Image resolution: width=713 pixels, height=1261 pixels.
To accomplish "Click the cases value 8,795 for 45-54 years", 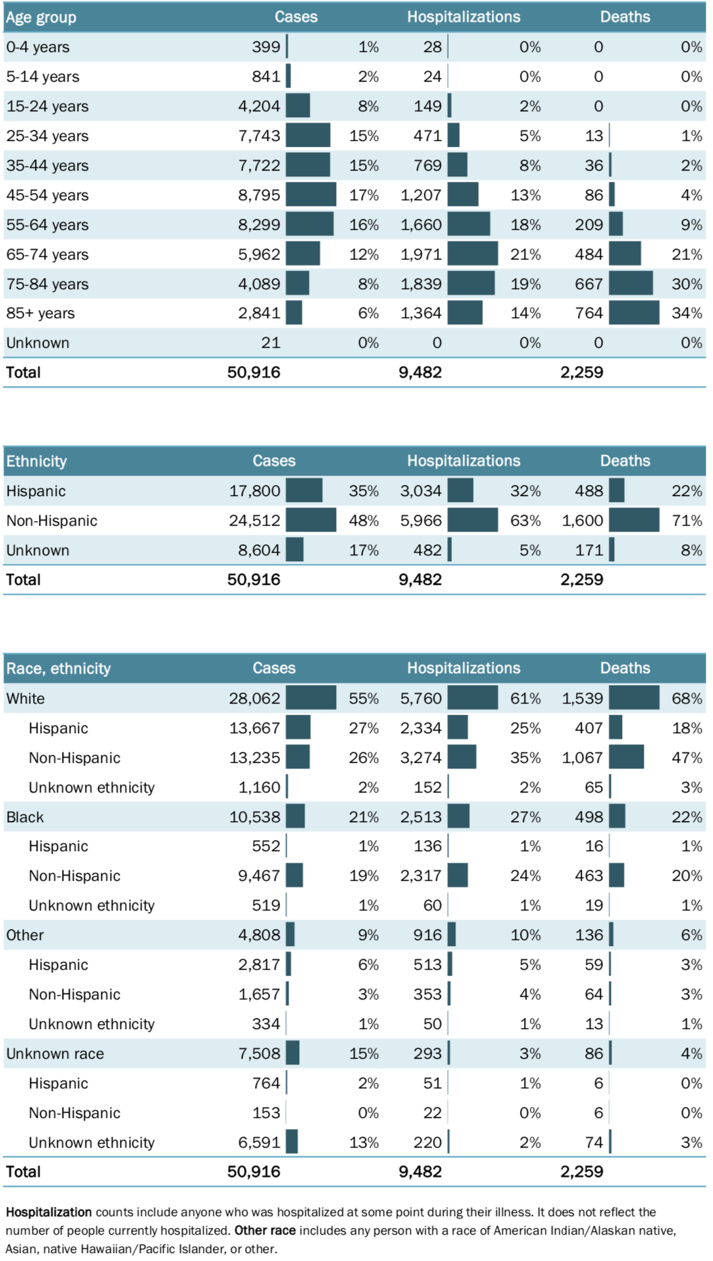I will [259, 195].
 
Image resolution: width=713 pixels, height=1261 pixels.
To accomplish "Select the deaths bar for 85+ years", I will [634, 313].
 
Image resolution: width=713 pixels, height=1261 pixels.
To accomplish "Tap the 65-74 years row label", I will [47, 254].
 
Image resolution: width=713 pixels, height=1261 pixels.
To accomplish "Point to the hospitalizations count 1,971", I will [421, 254].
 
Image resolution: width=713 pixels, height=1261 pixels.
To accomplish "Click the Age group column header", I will [41, 17].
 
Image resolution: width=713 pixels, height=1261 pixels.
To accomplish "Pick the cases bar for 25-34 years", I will [308, 136].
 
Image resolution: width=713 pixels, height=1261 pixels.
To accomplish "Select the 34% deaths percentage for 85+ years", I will [687, 313].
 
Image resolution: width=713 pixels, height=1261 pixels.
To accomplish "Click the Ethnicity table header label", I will [36, 461].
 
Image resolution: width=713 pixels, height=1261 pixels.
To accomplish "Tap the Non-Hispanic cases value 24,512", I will [254, 520].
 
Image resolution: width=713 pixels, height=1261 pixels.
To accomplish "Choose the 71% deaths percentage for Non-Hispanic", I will [687, 520].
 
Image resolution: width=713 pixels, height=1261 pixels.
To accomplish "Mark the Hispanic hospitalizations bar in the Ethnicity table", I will [460, 491].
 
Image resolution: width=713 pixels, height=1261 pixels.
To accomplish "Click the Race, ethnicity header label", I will [58, 669].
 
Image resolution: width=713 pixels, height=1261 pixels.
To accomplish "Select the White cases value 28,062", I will [254, 698].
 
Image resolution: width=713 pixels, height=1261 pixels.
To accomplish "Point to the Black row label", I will [25, 817].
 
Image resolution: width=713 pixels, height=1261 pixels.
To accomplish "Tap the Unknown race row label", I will [55, 1053].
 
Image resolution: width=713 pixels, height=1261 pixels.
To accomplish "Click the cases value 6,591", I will [259, 1142].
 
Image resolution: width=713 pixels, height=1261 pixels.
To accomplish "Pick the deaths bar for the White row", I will [634, 698].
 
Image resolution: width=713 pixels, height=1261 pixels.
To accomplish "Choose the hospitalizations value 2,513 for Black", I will [421, 817].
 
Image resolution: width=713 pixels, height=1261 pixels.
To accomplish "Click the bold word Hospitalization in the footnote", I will [49, 1212].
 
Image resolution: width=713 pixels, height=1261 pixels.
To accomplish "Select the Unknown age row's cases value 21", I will [270, 343].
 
